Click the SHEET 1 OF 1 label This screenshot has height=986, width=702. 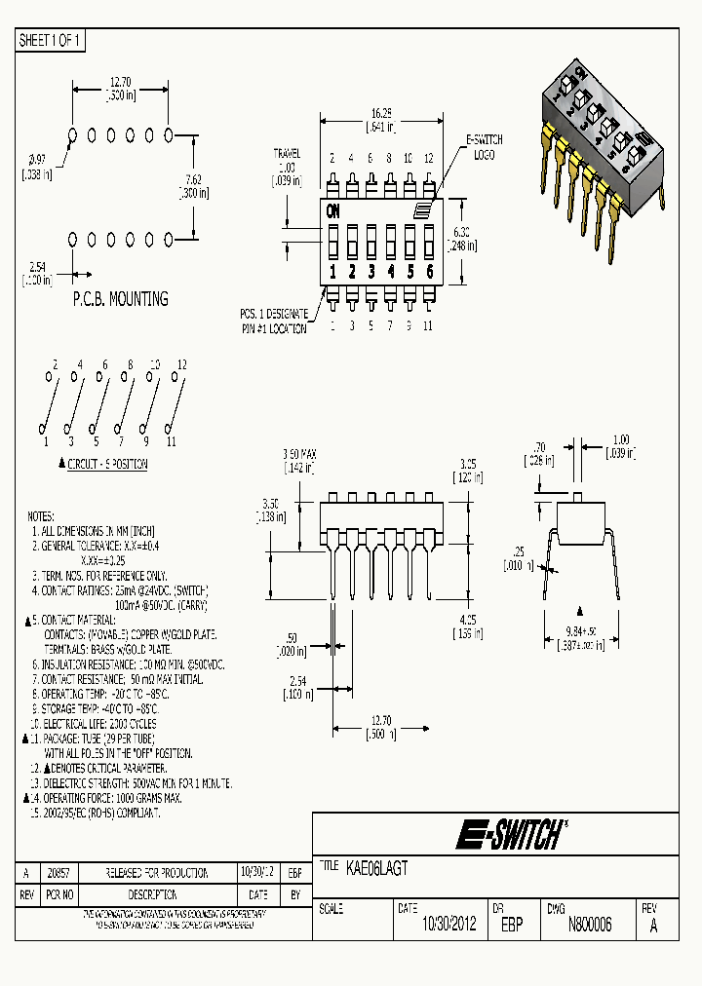[50, 40]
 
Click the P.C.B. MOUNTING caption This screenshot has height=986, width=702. [120, 299]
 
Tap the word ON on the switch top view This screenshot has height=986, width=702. [333, 210]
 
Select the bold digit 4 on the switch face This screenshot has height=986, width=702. [390, 272]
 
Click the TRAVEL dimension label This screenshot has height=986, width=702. [287, 154]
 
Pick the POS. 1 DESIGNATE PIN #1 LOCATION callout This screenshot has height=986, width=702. [274, 321]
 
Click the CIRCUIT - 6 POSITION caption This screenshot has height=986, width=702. [107, 465]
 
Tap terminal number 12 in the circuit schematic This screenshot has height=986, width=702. [180, 364]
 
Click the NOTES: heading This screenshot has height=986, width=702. [41, 515]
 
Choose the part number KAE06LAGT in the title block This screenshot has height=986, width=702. [377, 867]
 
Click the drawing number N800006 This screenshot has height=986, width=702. [589, 925]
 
